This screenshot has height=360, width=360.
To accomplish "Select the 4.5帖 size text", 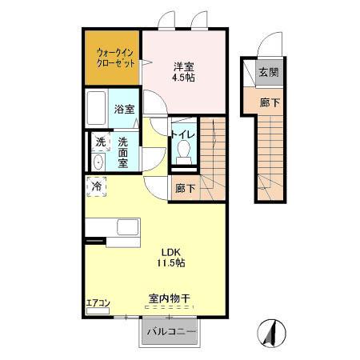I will click(x=185, y=78).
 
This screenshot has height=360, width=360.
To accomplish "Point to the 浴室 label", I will click(x=123, y=108).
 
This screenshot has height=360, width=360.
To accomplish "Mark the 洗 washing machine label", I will click(x=101, y=142).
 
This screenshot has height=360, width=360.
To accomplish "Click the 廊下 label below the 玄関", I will click(x=268, y=102).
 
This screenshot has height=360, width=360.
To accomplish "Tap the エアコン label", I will click(x=98, y=303).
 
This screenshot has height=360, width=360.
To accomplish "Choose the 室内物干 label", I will click(x=170, y=299).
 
